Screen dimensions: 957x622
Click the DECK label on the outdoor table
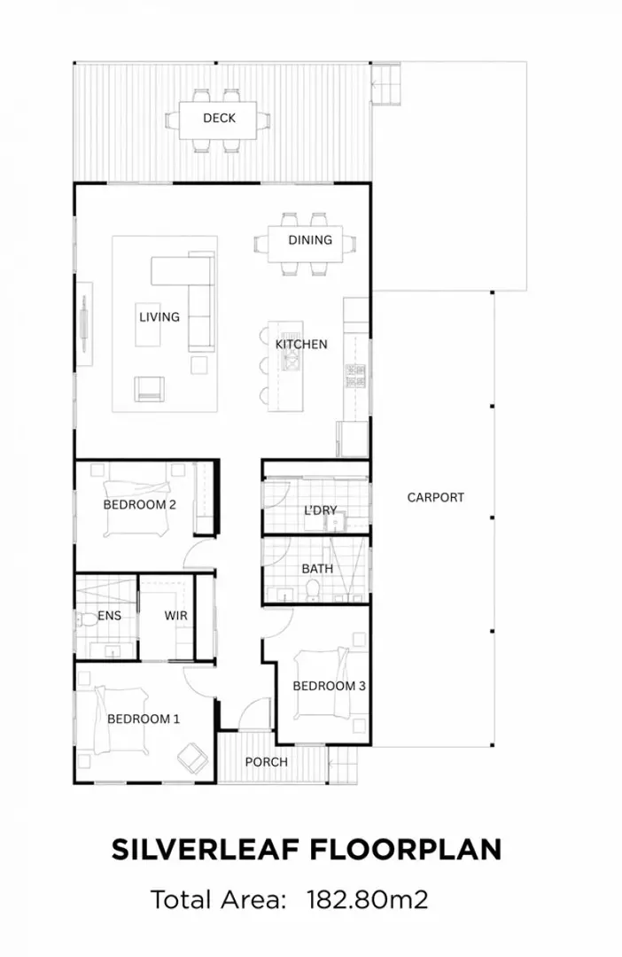(219, 118)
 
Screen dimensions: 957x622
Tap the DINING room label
(310, 240)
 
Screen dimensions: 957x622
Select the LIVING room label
(159, 316)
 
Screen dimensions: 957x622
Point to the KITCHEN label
(301, 344)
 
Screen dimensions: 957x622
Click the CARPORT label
(435, 497)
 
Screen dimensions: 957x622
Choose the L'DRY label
(320, 510)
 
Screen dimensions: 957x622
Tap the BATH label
(317, 568)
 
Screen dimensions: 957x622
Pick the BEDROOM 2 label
(140, 504)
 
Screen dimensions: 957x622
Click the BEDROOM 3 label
(329, 685)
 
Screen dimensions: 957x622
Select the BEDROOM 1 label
(144, 719)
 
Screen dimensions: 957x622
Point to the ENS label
(109, 615)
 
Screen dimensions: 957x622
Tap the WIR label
(175, 615)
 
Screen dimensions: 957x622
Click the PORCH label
(266, 762)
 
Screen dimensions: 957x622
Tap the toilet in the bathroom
(311, 589)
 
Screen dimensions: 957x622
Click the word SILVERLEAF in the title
(206, 849)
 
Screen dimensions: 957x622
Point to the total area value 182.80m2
(367, 900)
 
